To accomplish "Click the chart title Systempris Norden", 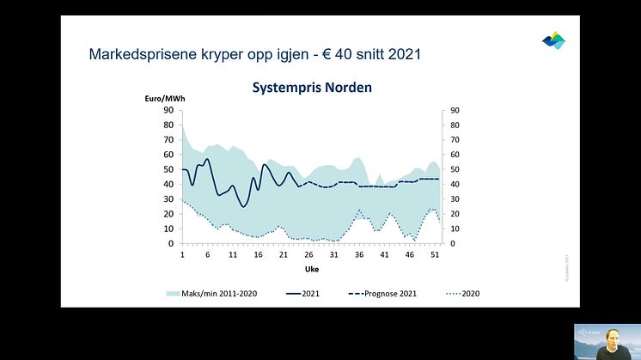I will [x=310, y=88].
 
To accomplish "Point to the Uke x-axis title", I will [x=312, y=268].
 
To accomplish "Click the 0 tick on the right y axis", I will [x=451, y=243].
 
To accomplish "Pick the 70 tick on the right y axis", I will [x=454, y=139].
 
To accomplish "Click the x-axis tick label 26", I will [x=308, y=255].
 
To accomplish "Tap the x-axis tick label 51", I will [x=435, y=255].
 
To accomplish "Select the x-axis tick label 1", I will [x=182, y=255].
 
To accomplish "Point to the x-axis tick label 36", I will [x=359, y=255].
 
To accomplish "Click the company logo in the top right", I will [x=553, y=40].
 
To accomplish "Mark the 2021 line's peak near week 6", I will [x=207, y=159].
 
